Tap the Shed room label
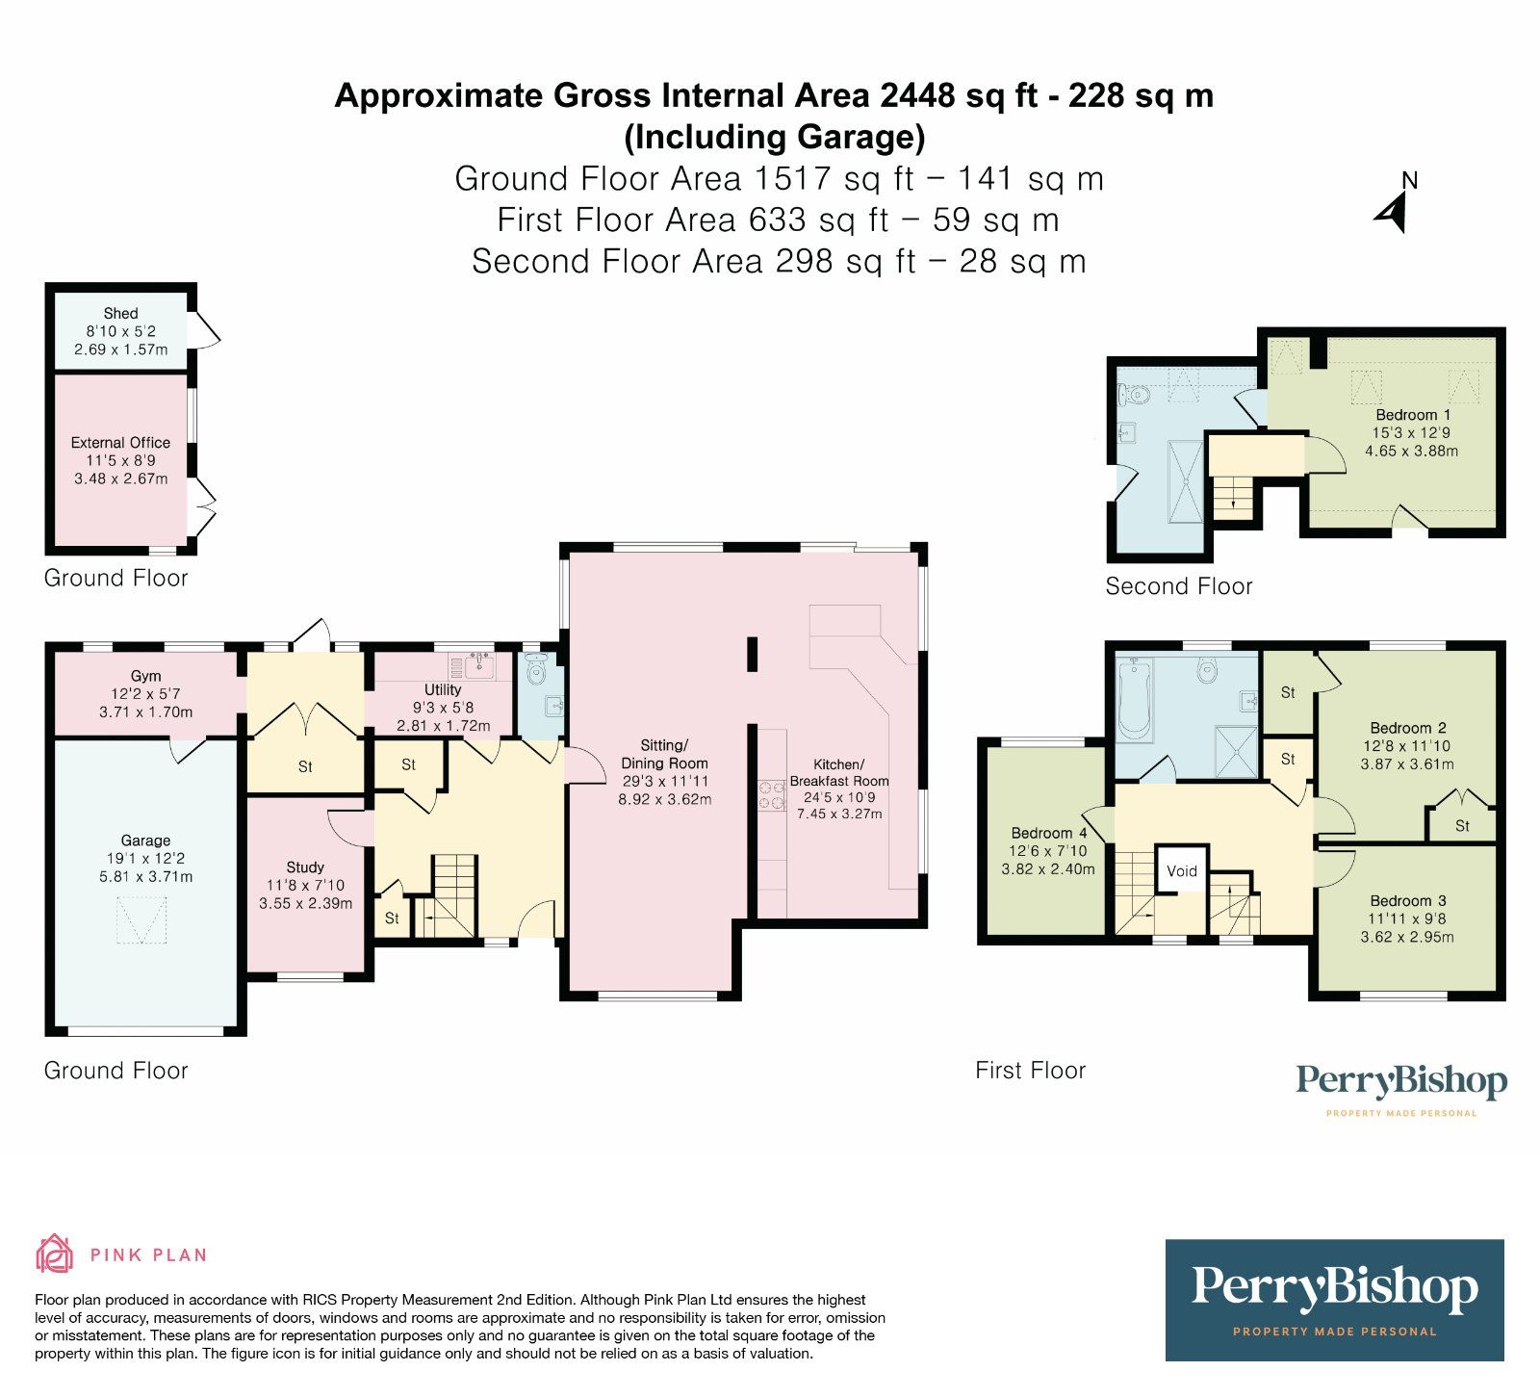point(120,313)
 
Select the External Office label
point(120,442)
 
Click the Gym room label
point(146,676)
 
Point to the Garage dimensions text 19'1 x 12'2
point(146,859)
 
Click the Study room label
point(305,867)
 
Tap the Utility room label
point(443,689)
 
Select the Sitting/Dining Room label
point(664,754)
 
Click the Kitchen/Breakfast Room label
point(839,772)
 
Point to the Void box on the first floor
point(1182,870)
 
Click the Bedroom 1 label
point(1413,415)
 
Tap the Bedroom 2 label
point(1408,728)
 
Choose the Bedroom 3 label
point(1408,901)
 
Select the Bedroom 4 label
point(1048,833)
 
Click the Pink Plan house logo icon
point(55,1254)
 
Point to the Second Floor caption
point(1179,586)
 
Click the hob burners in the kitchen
point(772,794)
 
